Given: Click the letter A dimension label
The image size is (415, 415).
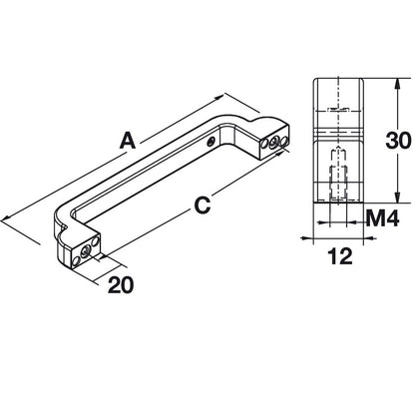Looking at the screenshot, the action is pos(128,141).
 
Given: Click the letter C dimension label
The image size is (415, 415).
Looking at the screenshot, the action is pos(203,206).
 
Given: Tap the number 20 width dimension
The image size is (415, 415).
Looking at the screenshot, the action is pos(121,285).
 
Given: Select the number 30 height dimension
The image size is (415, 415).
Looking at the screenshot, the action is pos(398,140).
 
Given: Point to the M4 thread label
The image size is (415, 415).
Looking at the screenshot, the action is pos(382,218).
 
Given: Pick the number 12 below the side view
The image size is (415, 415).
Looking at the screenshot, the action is pos(339,256).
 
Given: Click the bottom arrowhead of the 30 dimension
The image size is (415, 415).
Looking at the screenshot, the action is pos(396,198).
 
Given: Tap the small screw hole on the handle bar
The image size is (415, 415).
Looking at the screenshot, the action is pos(210,143).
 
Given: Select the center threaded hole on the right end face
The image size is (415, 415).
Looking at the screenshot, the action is pos(274,143).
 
